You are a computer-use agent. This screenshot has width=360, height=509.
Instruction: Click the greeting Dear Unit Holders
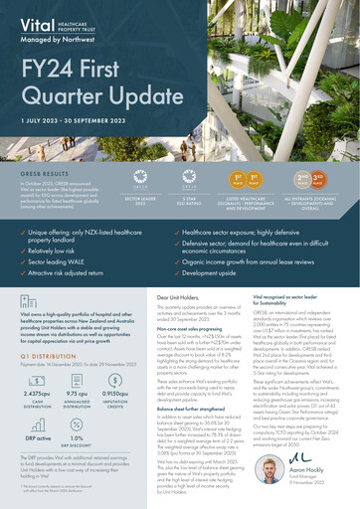tap(179, 297)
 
